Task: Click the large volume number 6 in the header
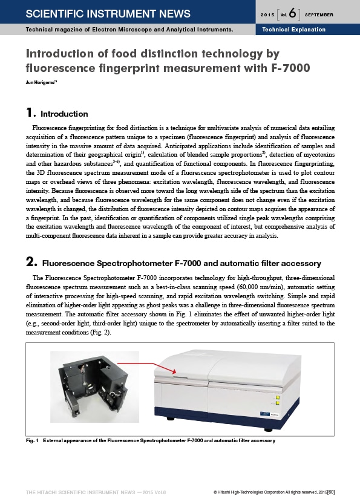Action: coord(292,13)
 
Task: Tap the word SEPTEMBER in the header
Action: coord(319,15)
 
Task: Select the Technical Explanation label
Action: coord(293,30)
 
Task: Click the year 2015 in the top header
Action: coord(267,15)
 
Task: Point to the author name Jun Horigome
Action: coord(41,82)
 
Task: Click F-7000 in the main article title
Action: coord(290,68)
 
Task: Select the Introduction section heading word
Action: coord(64,114)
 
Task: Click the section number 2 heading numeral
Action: coord(31,263)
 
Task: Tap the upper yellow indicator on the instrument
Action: coord(278,397)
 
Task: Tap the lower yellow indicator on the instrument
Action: coord(278,403)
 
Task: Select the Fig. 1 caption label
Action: coord(32,440)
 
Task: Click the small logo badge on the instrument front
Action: coord(265,414)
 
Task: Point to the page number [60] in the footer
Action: coord(331,492)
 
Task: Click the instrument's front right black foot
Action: coord(268,430)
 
